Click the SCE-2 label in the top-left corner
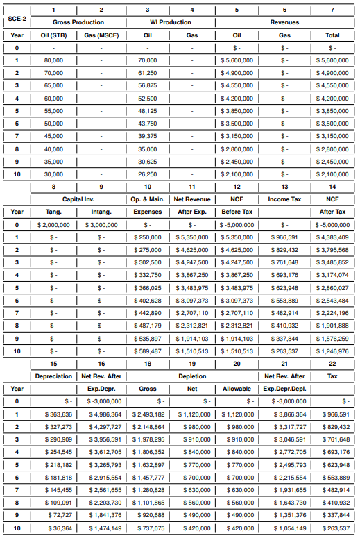pyautogui.click(x=17, y=22)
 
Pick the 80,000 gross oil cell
pyautogui.click(x=53, y=60)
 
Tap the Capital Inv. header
pyautogui.click(x=78, y=199)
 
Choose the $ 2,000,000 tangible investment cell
pyautogui.click(x=53, y=225)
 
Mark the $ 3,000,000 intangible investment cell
pyautogui.click(x=101, y=225)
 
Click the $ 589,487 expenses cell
pyautogui.click(x=147, y=351)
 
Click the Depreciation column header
pyautogui.click(x=53, y=376)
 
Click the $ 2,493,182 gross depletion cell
pyautogui.click(x=147, y=414)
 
